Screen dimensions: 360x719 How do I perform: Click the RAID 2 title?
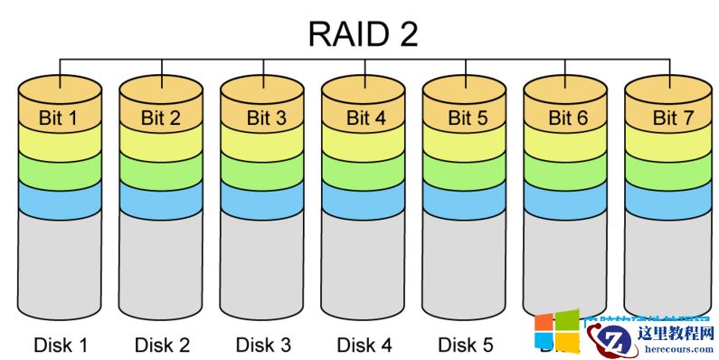pos(363,33)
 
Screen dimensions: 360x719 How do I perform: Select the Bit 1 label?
pos(59,118)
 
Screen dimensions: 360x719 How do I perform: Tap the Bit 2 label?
pos(161,118)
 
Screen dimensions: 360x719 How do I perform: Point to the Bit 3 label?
pos(261,118)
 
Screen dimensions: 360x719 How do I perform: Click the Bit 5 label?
pos(464,118)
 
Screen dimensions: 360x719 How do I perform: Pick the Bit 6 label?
pos(565,118)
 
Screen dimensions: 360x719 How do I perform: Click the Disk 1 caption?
pos(61,345)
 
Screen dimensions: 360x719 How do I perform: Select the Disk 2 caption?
pos(162,345)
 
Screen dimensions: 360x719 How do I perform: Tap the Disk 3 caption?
pos(263,345)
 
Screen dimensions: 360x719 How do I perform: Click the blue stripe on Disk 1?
pos(60,201)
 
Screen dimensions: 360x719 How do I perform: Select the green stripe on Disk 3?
pos(262,170)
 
